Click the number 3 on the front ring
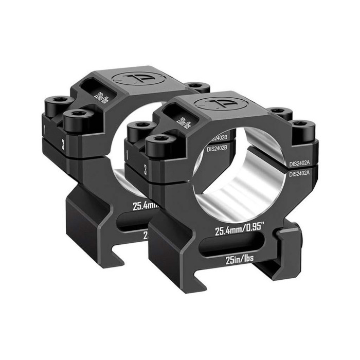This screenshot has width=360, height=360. point(146,170)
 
